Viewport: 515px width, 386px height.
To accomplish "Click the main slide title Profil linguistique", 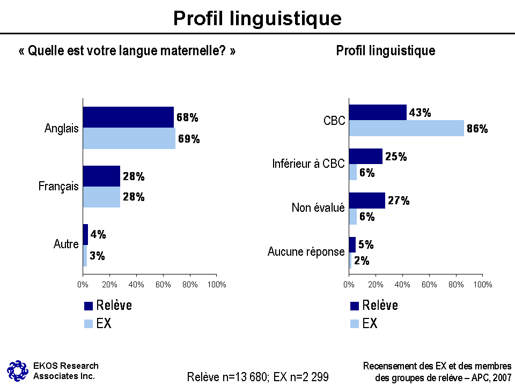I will pyautogui.click(x=257, y=18).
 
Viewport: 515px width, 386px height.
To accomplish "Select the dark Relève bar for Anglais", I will pyautogui.click(x=128, y=117).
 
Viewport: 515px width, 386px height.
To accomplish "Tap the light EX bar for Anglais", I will pyautogui.click(x=129, y=138).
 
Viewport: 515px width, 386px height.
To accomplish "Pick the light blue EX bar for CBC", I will pyautogui.click(x=406, y=128).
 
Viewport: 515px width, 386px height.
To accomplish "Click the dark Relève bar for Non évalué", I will pyautogui.click(x=367, y=201).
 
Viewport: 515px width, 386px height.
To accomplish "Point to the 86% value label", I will pyautogui.click(x=477, y=129).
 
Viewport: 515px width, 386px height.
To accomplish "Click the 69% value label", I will pyautogui.click(x=189, y=139).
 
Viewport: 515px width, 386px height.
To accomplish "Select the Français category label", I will pyautogui.click(x=58, y=187).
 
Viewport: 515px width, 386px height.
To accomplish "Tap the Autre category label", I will pyautogui.click(x=66, y=244).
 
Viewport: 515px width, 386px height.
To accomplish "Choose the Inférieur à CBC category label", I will pyautogui.click(x=308, y=164).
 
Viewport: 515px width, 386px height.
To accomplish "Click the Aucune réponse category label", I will pyautogui.click(x=306, y=251).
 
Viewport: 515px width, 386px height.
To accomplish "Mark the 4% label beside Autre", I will pyautogui.click(x=98, y=234).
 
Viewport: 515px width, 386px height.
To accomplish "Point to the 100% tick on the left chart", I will pyautogui.click(x=216, y=284).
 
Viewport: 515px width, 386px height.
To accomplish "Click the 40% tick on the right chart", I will pyautogui.click(x=402, y=284).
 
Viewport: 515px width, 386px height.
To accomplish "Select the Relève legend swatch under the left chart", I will pyautogui.click(x=89, y=306).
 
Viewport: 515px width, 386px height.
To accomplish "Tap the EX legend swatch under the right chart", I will pyautogui.click(x=355, y=324).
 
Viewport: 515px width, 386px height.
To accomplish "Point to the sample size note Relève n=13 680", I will pyautogui.click(x=227, y=377).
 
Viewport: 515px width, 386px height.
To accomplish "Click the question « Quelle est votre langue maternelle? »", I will pyautogui.click(x=127, y=51).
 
